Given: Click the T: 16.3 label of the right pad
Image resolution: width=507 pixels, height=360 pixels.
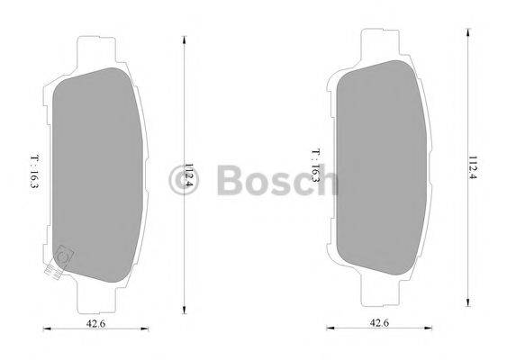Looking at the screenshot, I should [x=314, y=165].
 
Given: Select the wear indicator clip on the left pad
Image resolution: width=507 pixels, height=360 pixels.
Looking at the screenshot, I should [x=61, y=259].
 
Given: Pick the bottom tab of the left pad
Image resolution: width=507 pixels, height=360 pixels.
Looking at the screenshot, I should [x=94, y=294].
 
